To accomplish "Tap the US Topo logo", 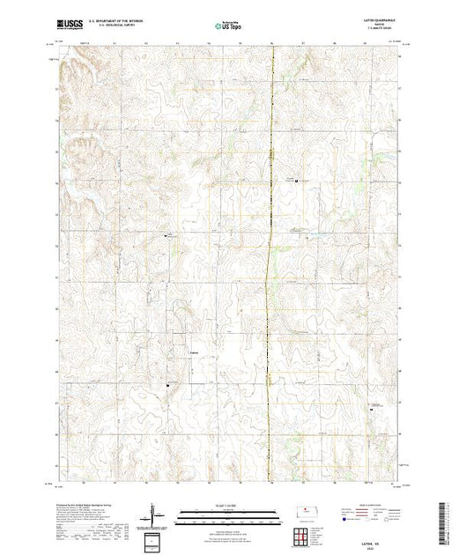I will click(x=229, y=26).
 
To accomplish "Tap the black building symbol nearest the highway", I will click(x=296, y=182).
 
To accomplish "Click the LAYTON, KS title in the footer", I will click(x=377, y=540).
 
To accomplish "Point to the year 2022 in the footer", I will click(x=377, y=546).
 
